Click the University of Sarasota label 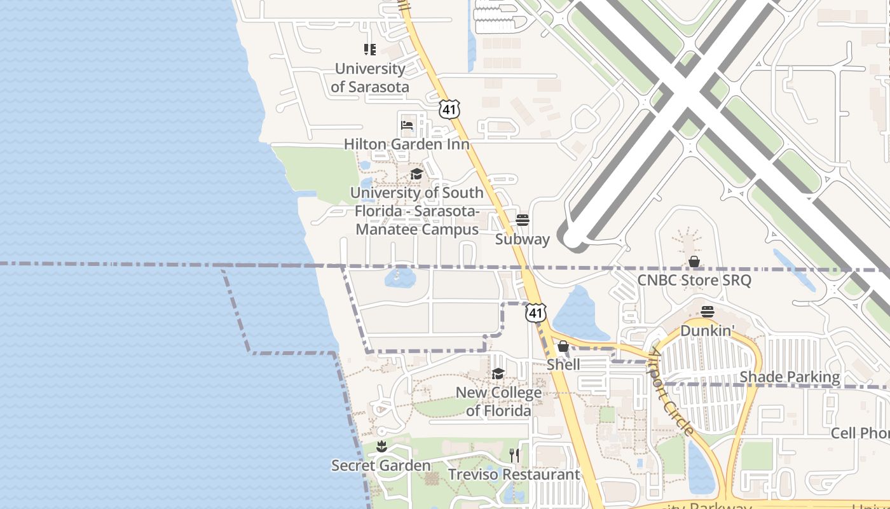(370, 78)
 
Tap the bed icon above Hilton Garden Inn (407, 125)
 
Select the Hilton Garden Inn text (407, 144)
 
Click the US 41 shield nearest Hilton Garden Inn (449, 109)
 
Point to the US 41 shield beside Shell (535, 312)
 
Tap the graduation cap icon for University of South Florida (416, 174)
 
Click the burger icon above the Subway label (523, 220)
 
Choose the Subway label (523, 239)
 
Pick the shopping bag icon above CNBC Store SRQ (694, 261)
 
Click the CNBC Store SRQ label (694, 280)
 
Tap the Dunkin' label (708, 331)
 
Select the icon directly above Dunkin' (708, 311)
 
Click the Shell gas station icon (563, 347)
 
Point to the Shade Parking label (790, 377)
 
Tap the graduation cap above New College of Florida (498, 373)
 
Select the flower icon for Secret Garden (381, 447)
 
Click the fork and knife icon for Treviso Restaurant (514, 455)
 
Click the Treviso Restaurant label (514, 475)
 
